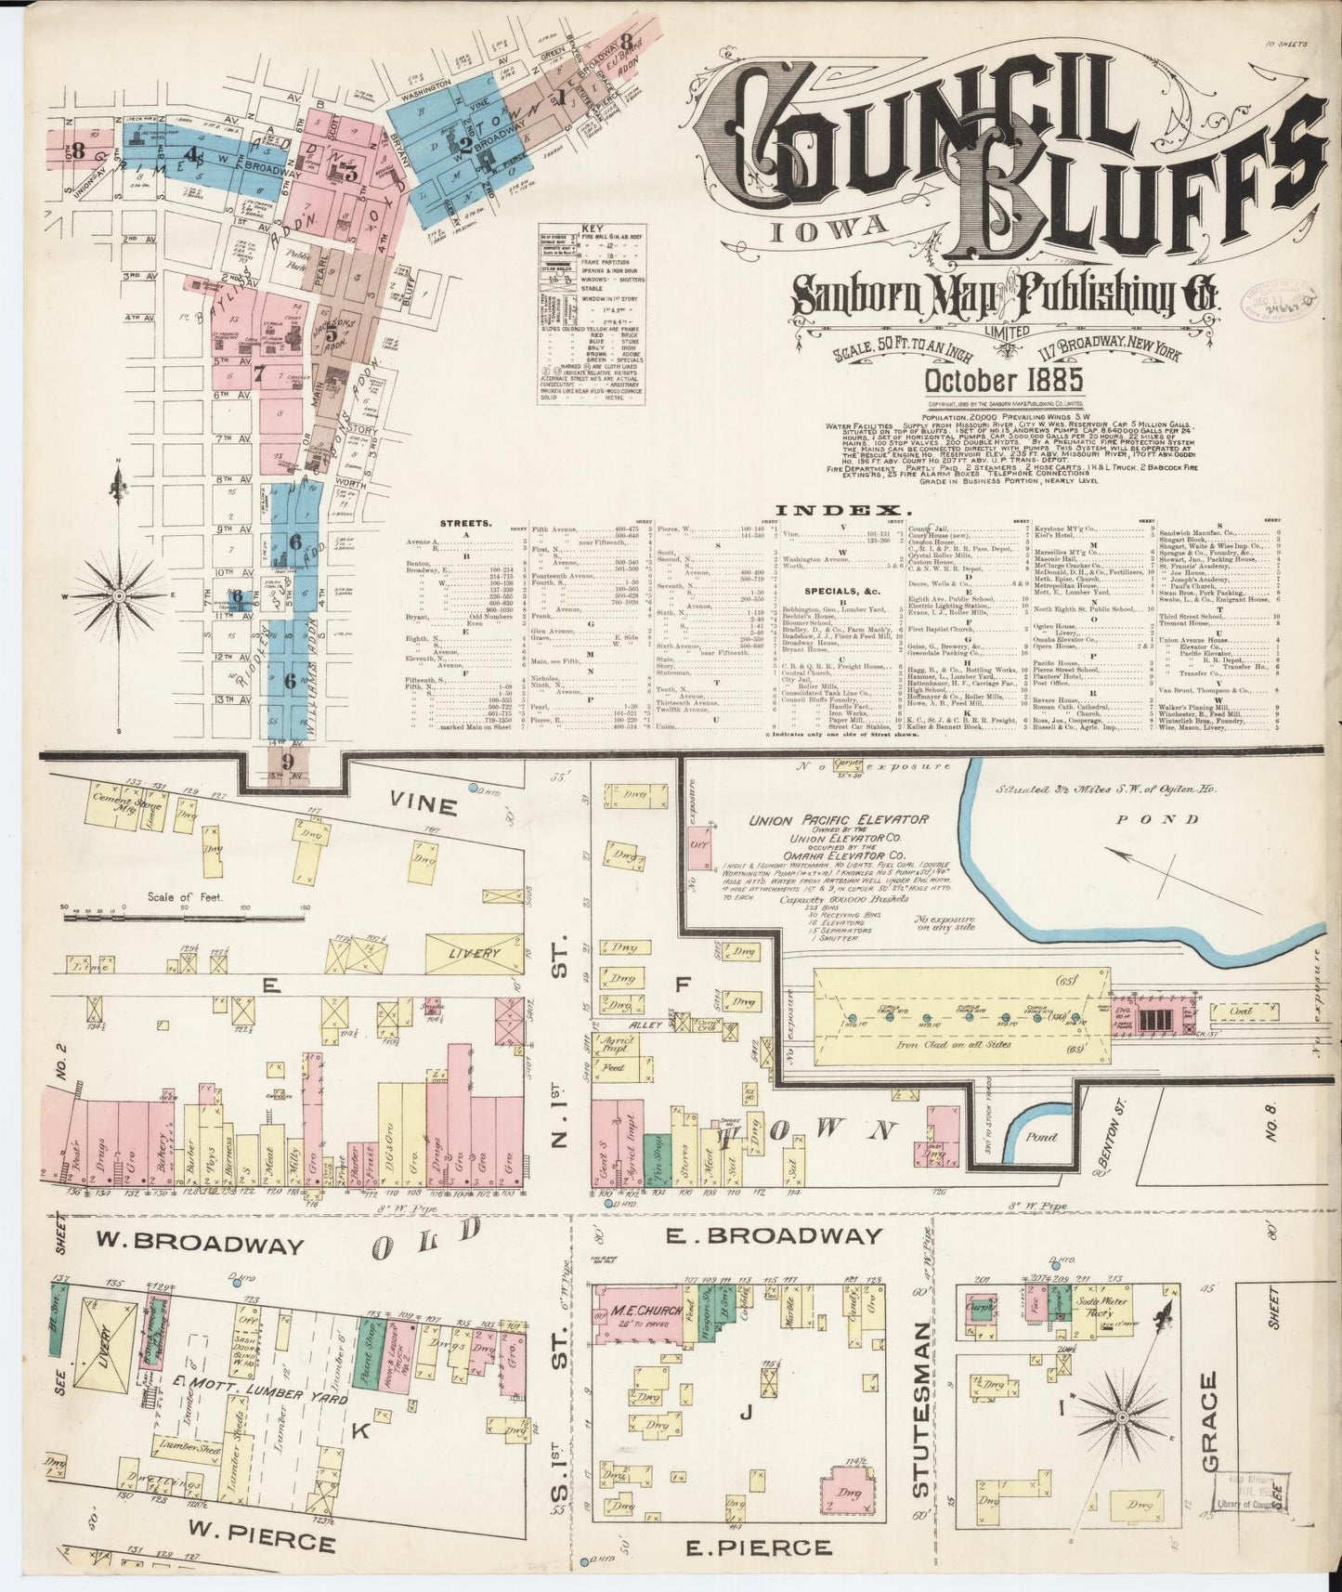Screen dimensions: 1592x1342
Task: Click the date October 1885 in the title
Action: tap(991, 380)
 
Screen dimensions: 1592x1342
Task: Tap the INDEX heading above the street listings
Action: tap(843, 510)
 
